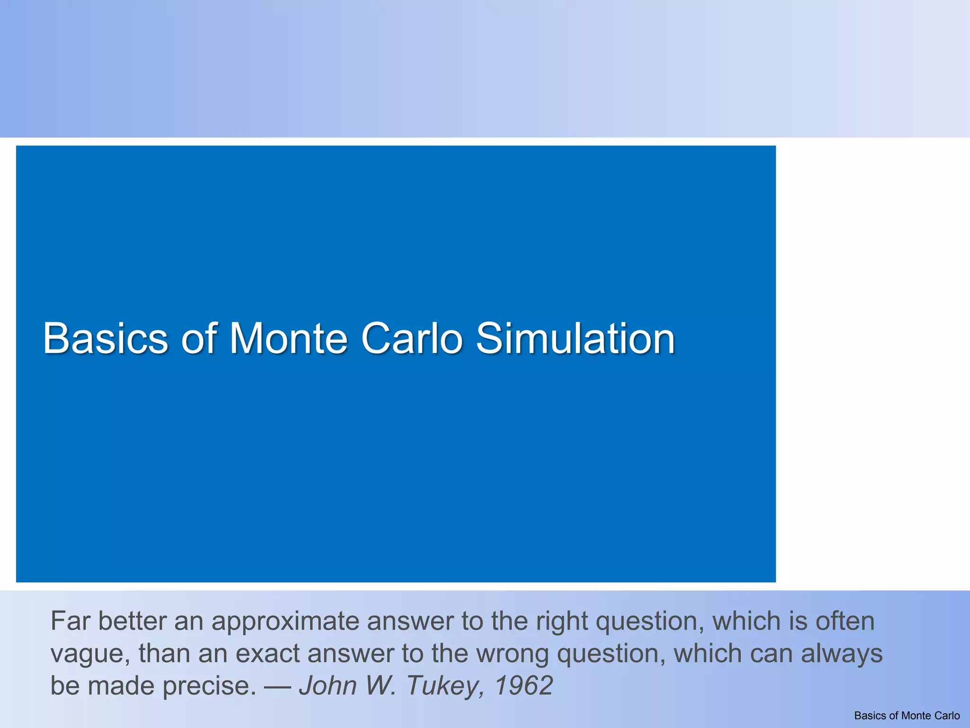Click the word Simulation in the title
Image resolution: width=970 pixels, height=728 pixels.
(575, 338)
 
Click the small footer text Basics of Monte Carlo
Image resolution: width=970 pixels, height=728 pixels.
(907, 716)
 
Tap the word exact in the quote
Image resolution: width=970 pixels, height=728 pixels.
(267, 654)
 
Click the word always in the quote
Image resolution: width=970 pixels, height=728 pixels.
(842, 654)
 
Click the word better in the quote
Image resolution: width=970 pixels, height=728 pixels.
(132, 622)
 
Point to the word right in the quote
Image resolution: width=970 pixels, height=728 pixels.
(562, 622)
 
